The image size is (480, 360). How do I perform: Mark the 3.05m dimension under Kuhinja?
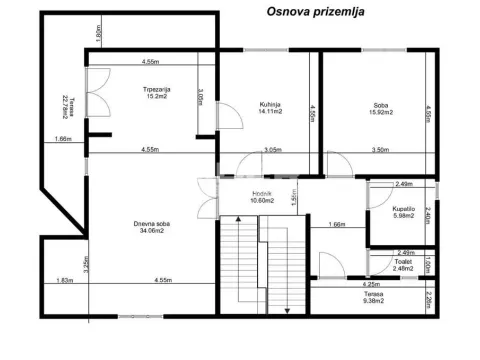pyautogui.click(x=273, y=150)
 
